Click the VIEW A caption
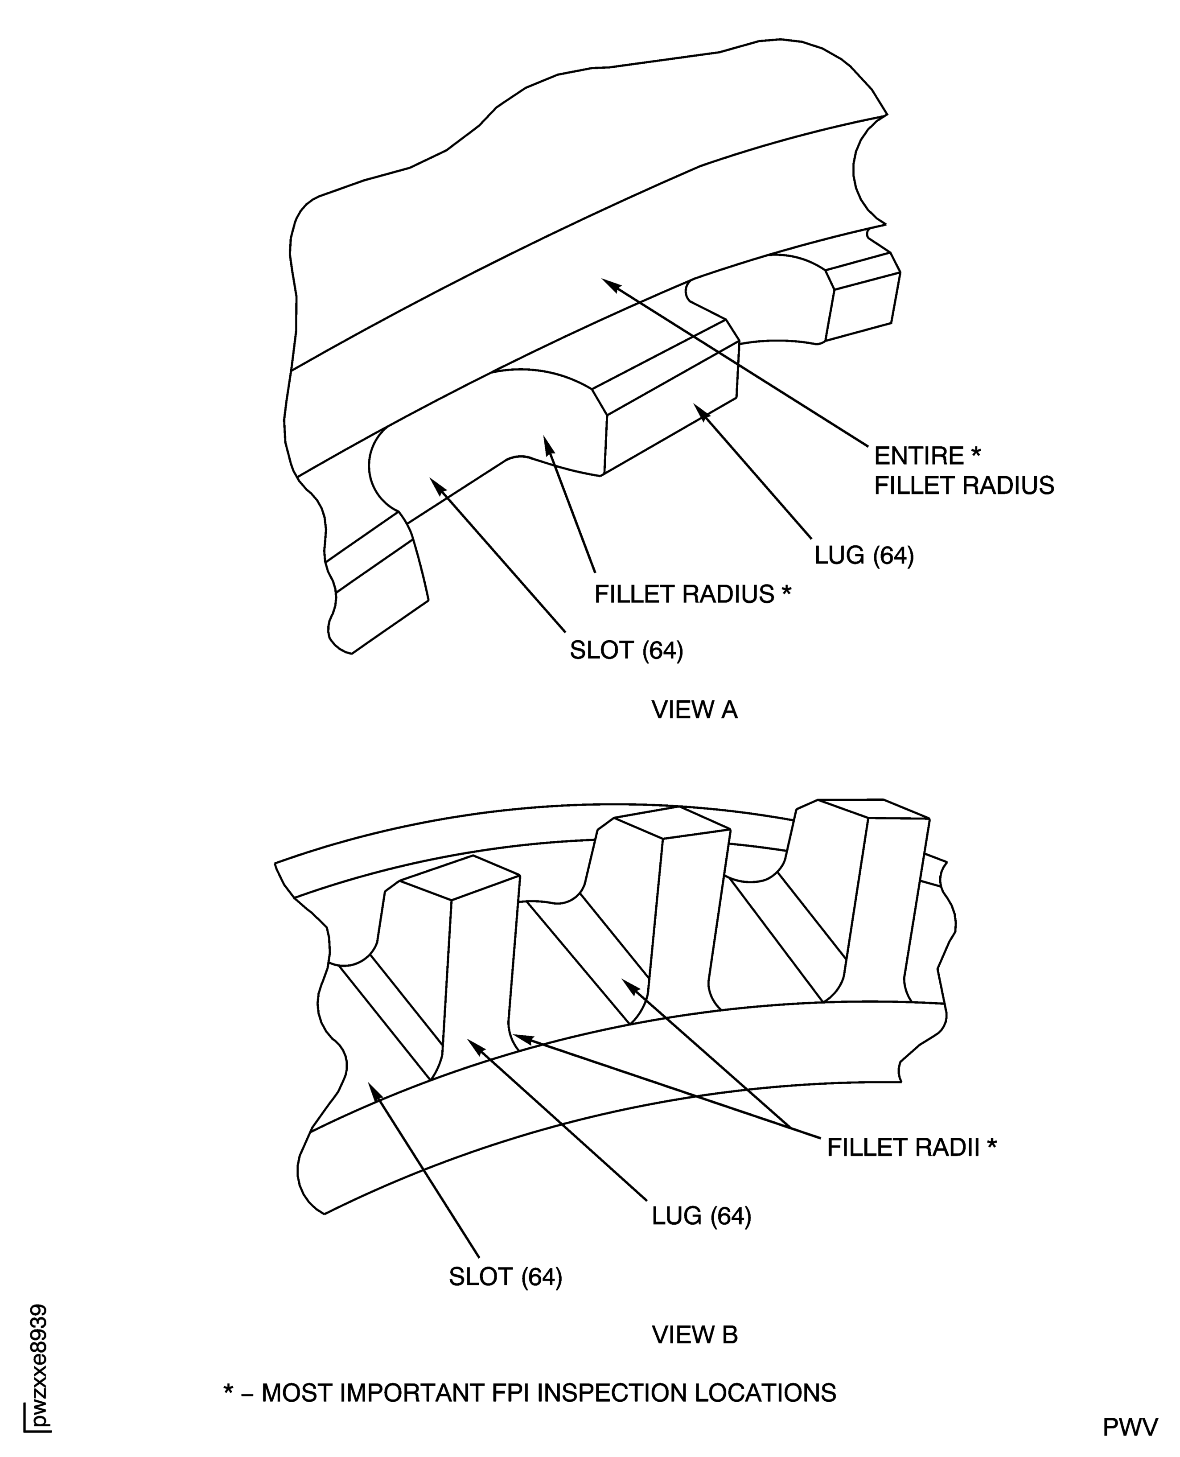pyautogui.click(x=694, y=710)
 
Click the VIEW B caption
pyautogui.click(x=695, y=1335)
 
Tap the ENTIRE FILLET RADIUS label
pyautogui.click(x=964, y=470)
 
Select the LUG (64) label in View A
pyautogui.click(x=864, y=556)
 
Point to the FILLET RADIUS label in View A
pyautogui.click(x=693, y=594)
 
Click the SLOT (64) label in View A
pyautogui.click(x=626, y=650)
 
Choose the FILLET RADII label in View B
pyautogui.click(x=912, y=1147)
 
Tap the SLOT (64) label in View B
pyautogui.click(x=506, y=1277)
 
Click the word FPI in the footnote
pyautogui.click(x=511, y=1387)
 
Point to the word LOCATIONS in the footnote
pyautogui.click(x=765, y=1387)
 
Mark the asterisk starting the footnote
pyautogui.click(x=228, y=1384)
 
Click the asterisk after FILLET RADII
pyautogui.click(x=992, y=1143)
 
